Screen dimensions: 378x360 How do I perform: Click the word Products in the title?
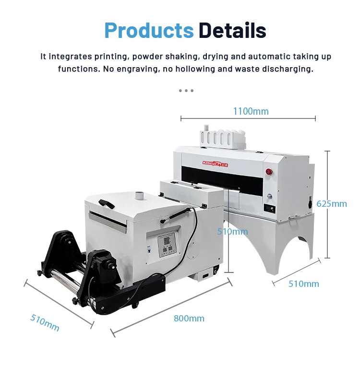(x=149, y=31)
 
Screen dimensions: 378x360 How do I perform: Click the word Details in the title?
(x=232, y=31)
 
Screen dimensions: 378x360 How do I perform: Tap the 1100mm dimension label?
(x=251, y=111)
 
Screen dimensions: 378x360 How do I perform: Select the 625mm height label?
(x=331, y=204)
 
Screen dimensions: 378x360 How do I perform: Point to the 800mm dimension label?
(x=189, y=318)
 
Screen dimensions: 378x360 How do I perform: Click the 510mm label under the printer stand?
(x=303, y=283)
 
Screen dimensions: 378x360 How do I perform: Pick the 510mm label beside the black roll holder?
(x=45, y=322)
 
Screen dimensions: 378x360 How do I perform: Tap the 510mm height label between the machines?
(x=232, y=232)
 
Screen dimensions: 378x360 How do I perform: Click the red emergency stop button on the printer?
(x=269, y=171)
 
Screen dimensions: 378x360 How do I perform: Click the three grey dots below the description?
(x=186, y=90)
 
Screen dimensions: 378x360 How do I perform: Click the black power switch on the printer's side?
(x=317, y=203)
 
